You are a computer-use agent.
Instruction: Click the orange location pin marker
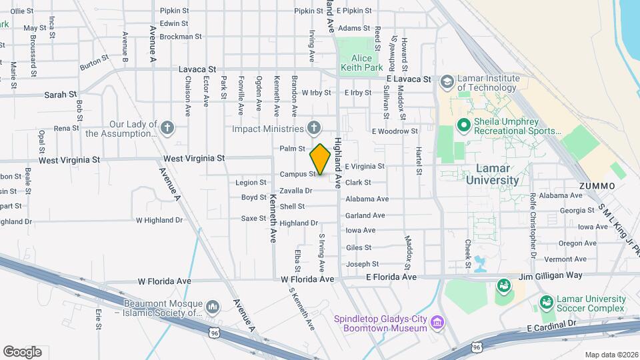coord(320,159)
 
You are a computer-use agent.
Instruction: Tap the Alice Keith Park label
coord(361,63)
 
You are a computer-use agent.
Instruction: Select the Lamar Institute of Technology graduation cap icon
coord(447,82)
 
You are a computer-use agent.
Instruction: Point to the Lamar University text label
coord(492,174)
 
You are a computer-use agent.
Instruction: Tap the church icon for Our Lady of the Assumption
coord(167,128)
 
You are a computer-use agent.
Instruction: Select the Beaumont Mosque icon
coord(213,306)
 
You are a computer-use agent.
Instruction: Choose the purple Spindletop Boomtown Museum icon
coord(437,323)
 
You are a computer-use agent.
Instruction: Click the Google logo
coord(22,351)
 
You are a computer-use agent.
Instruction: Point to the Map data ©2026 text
coord(611,355)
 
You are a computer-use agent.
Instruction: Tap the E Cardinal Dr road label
coord(551,327)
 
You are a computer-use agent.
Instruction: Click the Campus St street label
coord(297,174)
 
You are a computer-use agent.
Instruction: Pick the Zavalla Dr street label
coord(295,191)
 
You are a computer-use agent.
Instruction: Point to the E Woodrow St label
coord(395,131)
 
